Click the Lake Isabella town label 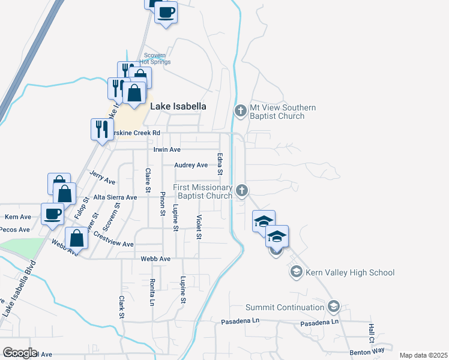[178, 106]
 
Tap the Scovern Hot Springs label [155, 58]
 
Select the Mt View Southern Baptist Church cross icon [240, 111]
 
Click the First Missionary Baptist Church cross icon [242, 191]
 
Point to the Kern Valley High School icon [295, 273]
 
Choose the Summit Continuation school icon [334, 307]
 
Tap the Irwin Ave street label [167, 149]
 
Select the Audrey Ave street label [191, 165]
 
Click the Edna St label [221, 164]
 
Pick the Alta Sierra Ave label [115, 196]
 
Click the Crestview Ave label [113, 244]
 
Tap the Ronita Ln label [153, 292]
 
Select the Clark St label [122, 307]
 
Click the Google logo [20, 353]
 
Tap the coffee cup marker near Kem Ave [53, 214]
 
